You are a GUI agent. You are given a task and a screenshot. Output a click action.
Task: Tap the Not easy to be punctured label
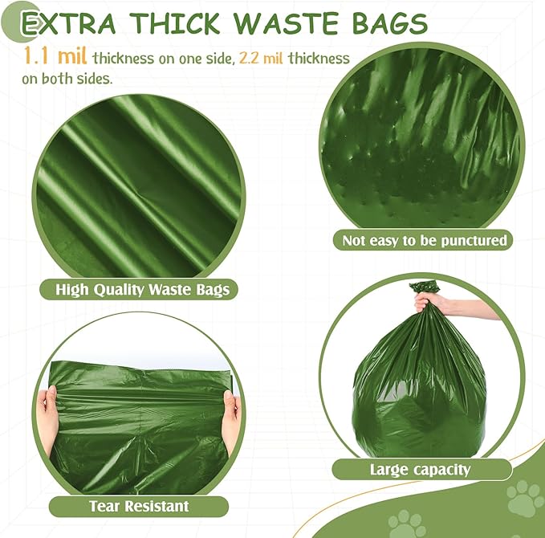tap(425, 239)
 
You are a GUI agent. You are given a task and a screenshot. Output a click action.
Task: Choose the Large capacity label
tap(420, 470)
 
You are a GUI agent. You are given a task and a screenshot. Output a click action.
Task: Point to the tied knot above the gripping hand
tap(425, 286)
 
